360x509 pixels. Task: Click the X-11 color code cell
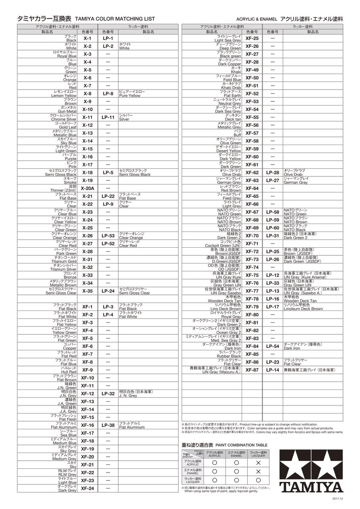[x=87, y=117]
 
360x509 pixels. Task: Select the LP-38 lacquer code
[x=108, y=425]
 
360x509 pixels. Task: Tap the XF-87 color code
[x=252, y=370]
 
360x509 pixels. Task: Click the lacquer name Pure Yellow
[x=129, y=96]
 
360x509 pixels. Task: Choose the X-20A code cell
[x=87, y=188]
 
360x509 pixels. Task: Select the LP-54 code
[x=273, y=346]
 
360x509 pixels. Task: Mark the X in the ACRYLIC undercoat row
[x=257, y=463]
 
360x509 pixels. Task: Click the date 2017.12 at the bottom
[x=338, y=498]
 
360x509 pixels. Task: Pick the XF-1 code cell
[x=87, y=307]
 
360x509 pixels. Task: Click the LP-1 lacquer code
[x=108, y=39]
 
